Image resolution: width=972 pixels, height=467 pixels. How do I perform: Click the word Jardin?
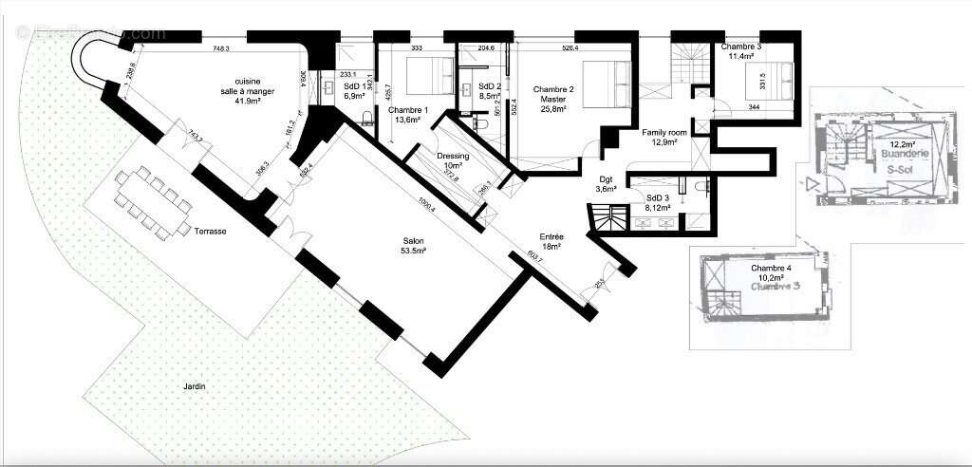click(196, 386)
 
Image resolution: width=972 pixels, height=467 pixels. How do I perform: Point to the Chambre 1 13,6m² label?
click(408, 115)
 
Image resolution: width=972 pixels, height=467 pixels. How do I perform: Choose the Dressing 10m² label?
click(453, 161)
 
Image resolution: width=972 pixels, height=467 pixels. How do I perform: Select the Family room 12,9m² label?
click(664, 137)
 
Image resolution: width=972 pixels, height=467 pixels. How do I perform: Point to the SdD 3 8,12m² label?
click(659, 202)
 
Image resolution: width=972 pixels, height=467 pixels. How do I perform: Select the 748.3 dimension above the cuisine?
click(222, 47)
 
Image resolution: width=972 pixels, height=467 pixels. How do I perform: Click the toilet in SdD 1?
click(367, 118)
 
